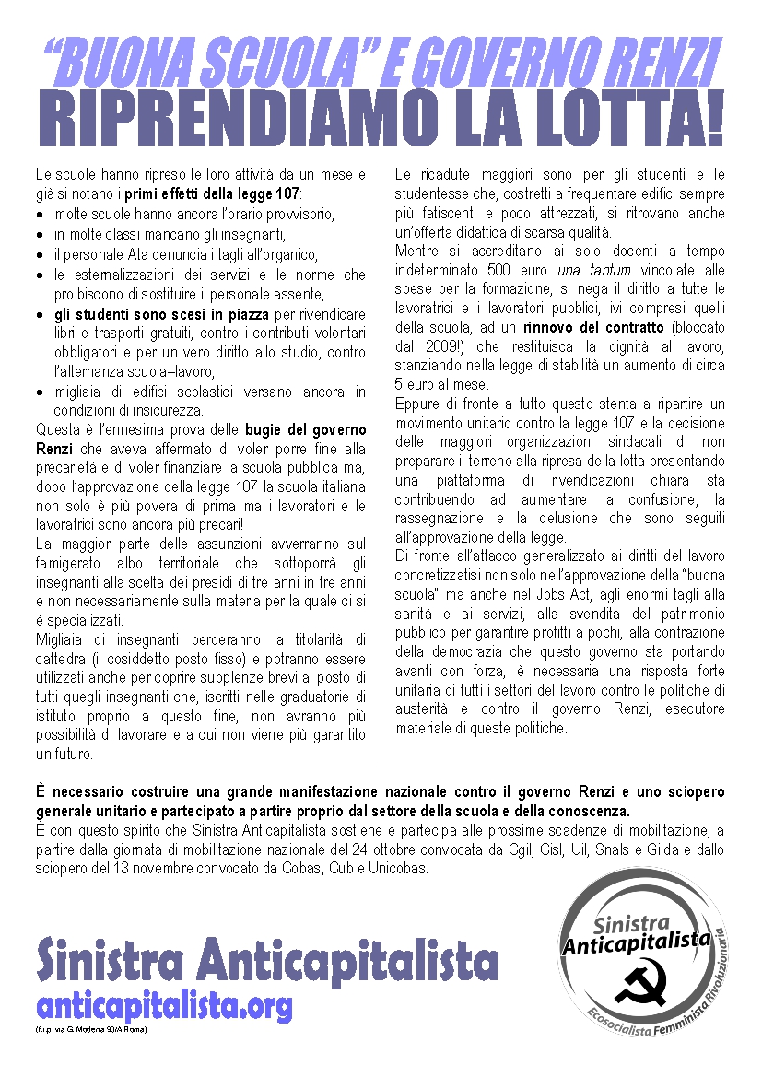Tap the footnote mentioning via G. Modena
(92, 1028)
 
